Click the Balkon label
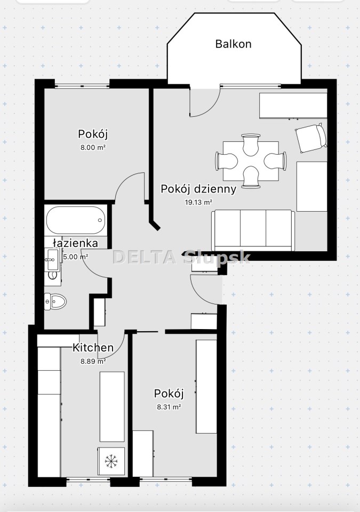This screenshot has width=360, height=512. pos(233,44)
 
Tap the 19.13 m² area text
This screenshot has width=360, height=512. pos(198,202)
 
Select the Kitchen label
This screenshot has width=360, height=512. pos(93,347)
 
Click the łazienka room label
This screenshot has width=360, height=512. pos(75,243)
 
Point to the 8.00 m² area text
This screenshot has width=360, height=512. pos(93,147)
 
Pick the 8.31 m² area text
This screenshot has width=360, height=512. pos(169,407)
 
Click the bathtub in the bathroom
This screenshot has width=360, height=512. pos(76,220)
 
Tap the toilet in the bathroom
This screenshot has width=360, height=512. pos(55,301)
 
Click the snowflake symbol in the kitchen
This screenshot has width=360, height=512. pos(111,461)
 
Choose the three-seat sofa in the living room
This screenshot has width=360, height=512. pos(253,230)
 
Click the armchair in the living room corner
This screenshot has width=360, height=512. pos(311,138)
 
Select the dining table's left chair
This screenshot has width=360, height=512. pos(226,161)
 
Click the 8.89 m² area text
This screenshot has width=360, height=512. pos(93,361)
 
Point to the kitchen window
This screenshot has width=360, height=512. pos(88,479)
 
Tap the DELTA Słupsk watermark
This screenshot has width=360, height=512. pos(181,257)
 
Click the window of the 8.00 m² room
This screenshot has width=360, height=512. pos(82,86)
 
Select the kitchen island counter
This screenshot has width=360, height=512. pos(112,406)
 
